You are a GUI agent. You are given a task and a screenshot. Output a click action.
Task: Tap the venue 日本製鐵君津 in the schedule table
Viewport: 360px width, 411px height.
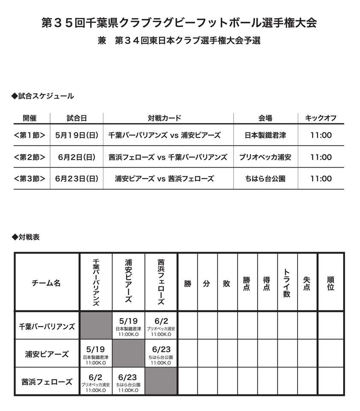(265, 135)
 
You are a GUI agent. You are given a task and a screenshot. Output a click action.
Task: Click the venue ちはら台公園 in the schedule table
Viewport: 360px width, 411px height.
(265, 179)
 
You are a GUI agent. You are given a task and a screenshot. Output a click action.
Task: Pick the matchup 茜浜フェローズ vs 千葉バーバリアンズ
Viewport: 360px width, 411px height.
(168, 157)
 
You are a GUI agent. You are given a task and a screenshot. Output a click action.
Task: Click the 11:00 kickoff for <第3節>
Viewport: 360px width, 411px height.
(321, 179)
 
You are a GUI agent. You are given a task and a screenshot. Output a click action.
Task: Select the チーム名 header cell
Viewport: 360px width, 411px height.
(46, 283)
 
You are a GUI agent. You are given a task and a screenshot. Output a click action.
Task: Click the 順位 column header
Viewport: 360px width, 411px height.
(330, 283)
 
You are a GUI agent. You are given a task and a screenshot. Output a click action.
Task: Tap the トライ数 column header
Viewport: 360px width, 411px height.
(287, 283)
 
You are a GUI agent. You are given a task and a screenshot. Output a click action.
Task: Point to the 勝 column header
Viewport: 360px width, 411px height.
(187, 283)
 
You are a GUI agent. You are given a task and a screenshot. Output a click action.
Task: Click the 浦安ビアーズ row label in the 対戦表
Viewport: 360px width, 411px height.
(47, 354)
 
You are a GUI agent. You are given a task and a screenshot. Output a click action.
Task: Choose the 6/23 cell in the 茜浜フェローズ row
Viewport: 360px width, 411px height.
(128, 381)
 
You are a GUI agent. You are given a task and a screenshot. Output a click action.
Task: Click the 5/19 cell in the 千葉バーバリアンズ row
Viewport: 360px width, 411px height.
(128, 325)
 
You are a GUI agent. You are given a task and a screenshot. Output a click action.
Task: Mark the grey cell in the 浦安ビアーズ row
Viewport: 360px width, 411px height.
(128, 354)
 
